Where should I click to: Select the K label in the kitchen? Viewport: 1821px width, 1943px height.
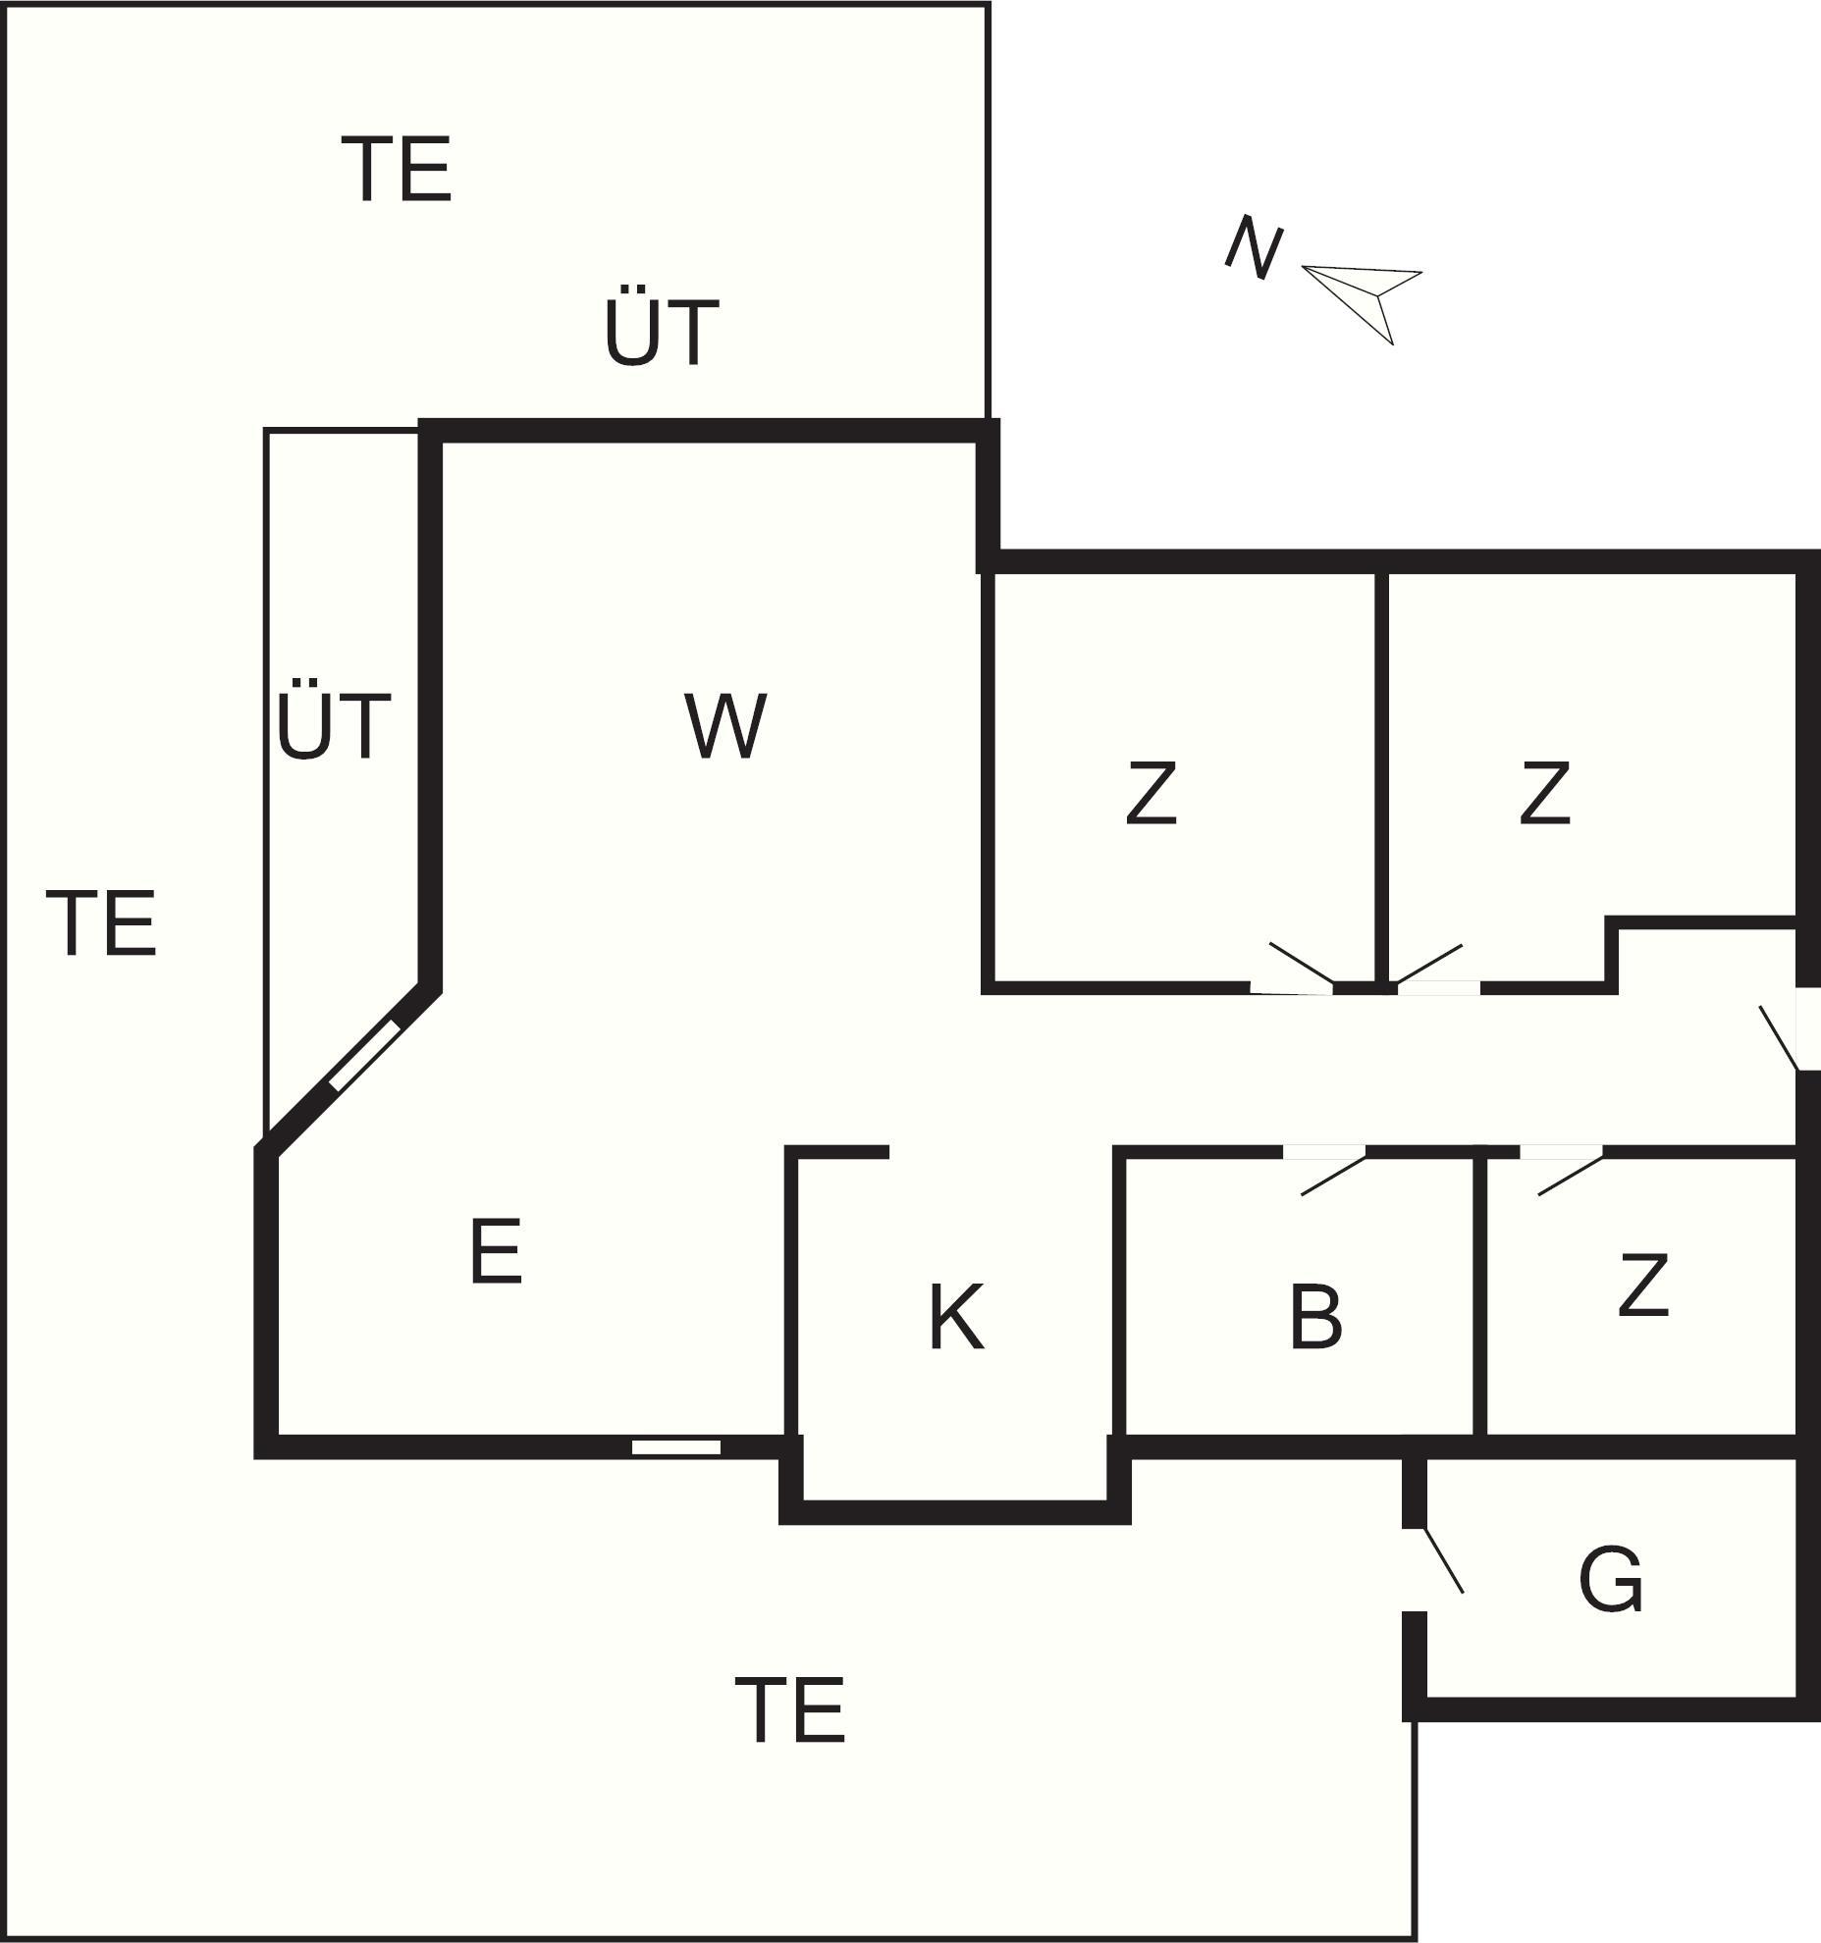click(x=956, y=1318)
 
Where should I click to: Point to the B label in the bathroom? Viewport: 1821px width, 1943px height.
click(x=1315, y=1317)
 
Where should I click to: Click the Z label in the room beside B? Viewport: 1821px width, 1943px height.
click(x=1642, y=1284)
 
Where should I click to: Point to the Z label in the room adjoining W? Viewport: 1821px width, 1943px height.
click(x=1151, y=793)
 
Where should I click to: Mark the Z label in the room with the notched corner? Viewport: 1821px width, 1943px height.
click(x=1544, y=793)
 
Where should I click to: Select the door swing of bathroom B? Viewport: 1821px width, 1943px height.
click(x=1333, y=1175)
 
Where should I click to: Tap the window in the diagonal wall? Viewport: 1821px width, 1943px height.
click(x=365, y=1055)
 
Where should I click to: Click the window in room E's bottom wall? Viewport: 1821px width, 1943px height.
click(x=676, y=1447)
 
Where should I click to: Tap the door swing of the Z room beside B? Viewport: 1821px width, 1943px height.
click(x=1571, y=1175)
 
